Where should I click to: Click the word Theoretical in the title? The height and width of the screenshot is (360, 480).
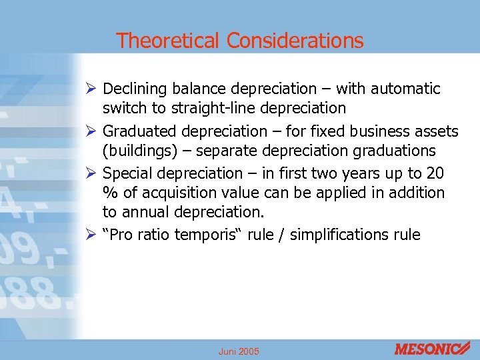(x=168, y=41)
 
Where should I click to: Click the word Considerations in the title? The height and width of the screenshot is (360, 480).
(x=295, y=41)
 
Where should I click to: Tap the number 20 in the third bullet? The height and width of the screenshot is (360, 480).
(x=435, y=173)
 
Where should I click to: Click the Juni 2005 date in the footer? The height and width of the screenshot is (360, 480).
(x=239, y=351)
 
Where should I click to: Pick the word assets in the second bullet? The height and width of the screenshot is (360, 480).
(x=437, y=131)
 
